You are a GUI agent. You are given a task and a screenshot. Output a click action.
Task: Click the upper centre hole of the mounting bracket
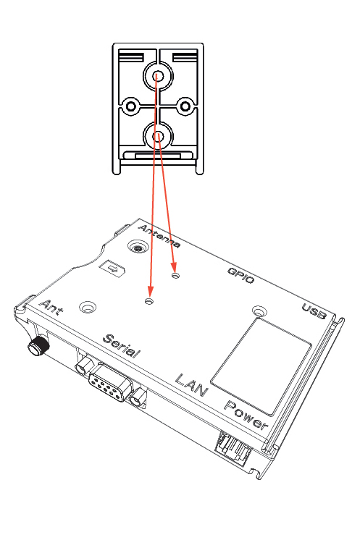point(157,75)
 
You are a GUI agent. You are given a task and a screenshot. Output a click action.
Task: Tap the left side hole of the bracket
point(131,106)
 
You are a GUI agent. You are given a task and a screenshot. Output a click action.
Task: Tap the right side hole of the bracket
point(185,106)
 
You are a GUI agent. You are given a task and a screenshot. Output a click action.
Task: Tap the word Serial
point(122,347)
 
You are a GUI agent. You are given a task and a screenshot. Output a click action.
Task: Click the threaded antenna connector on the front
point(35,346)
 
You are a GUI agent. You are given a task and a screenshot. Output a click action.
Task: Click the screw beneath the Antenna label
point(135,248)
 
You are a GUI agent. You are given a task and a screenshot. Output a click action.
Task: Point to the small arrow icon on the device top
point(114,269)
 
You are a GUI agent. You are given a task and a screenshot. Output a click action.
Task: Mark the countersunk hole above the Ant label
point(88,308)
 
